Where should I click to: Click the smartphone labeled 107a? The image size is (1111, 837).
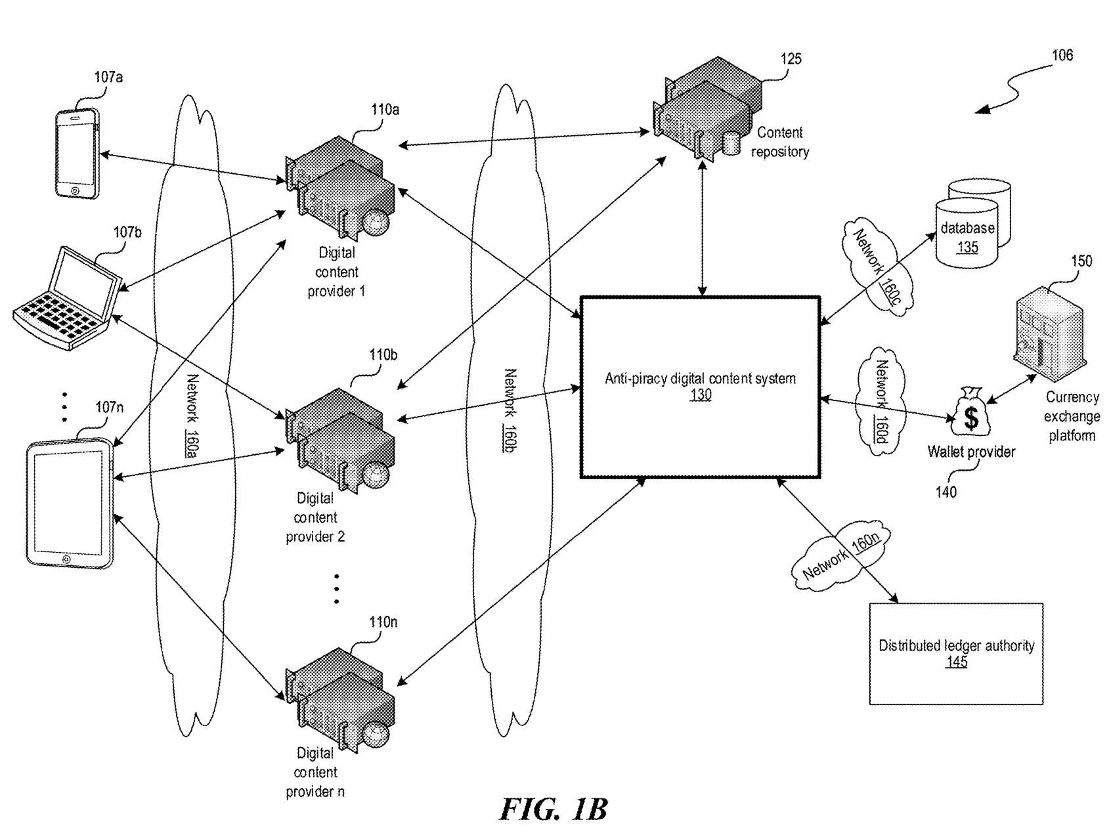pyautogui.click(x=77, y=152)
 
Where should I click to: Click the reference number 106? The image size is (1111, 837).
pyautogui.click(x=1062, y=55)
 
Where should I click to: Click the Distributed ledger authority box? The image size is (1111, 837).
pyautogui.click(x=956, y=653)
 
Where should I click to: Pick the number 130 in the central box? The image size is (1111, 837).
pyautogui.click(x=700, y=395)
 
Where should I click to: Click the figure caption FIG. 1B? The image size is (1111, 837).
pyautogui.click(x=553, y=809)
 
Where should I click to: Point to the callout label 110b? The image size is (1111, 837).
pyautogui.click(x=383, y=355)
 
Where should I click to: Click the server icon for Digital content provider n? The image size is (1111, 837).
pyautogui.click(x=340, y=695)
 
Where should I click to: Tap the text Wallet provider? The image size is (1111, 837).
pyautogui.click(x=971, y=452)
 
